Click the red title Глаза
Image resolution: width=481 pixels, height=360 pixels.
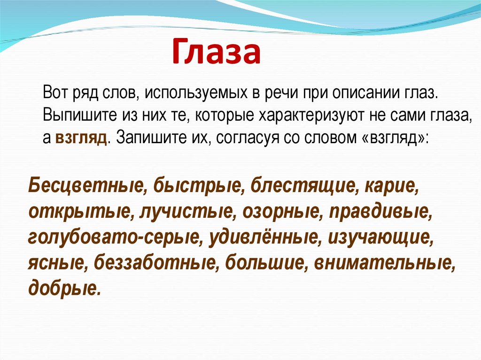point(216,52)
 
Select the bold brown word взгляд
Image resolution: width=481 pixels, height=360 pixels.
point(81,138)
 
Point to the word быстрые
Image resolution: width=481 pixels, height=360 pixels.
point(197,185)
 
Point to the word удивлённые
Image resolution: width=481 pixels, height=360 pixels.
point(264,236)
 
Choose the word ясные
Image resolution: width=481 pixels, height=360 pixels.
point(56,263)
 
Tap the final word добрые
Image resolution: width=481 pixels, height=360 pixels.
point(64,288)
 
